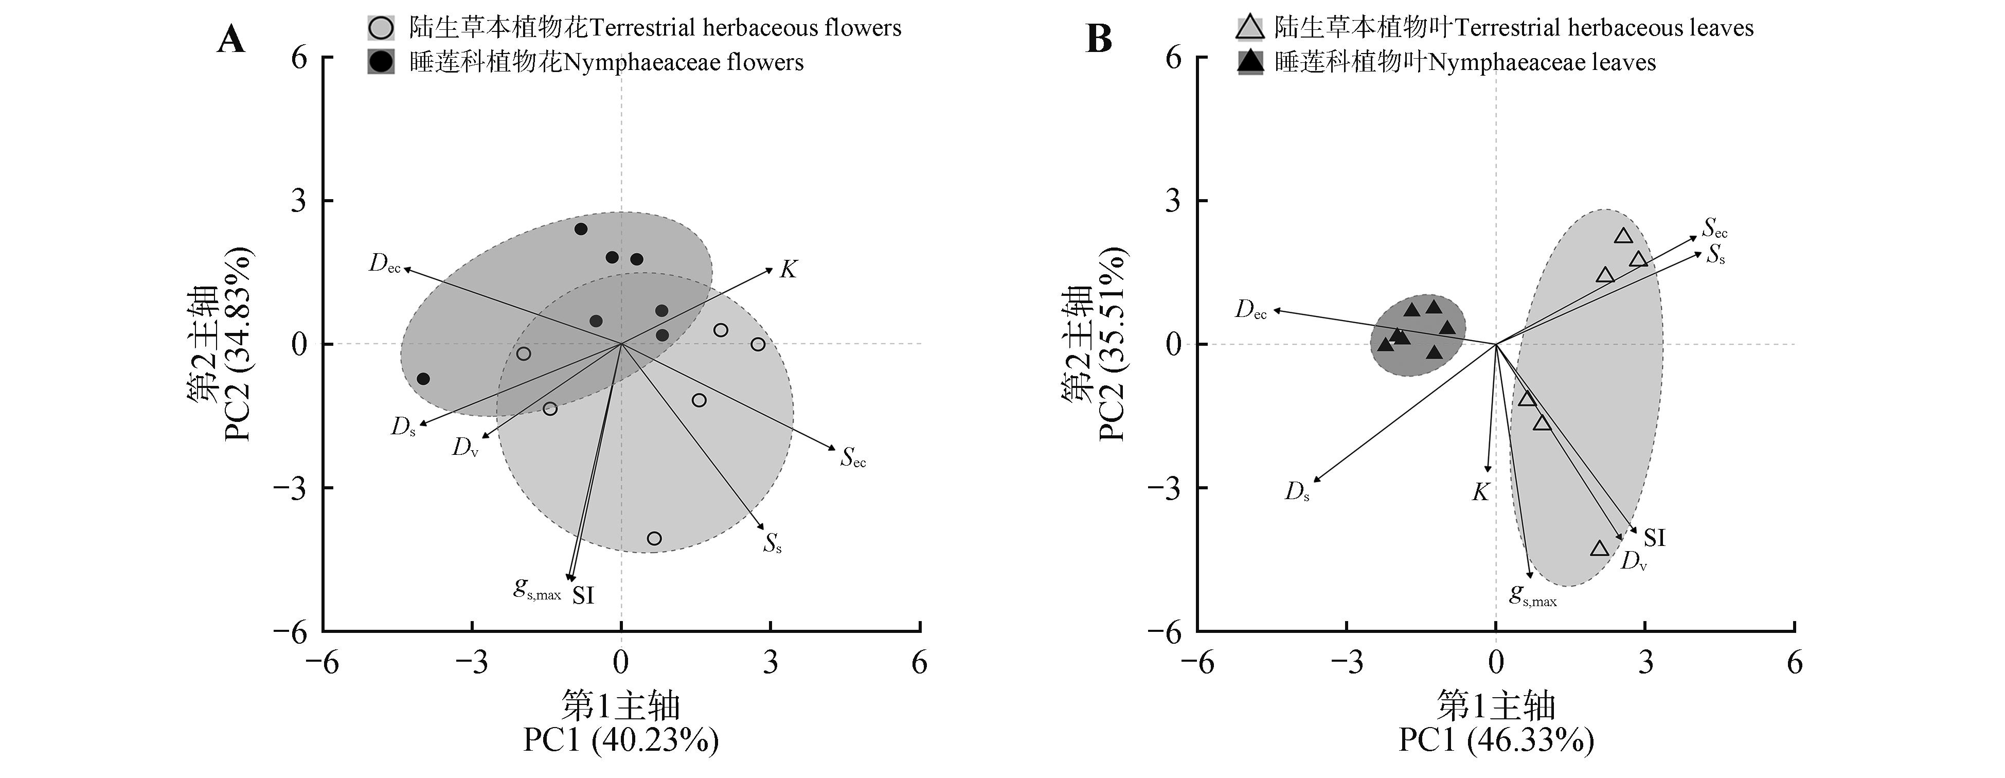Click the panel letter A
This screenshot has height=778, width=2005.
230,39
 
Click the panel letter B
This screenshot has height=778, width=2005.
1098,39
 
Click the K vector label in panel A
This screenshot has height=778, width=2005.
789,270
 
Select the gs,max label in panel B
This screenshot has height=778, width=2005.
1532,596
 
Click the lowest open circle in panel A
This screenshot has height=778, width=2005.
655,539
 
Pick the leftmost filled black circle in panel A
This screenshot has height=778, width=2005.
423,379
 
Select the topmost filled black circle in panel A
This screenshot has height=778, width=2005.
581,229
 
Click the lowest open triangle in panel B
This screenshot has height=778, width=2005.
1600,549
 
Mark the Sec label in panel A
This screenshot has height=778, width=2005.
853,458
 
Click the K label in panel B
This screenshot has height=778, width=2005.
1480,492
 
